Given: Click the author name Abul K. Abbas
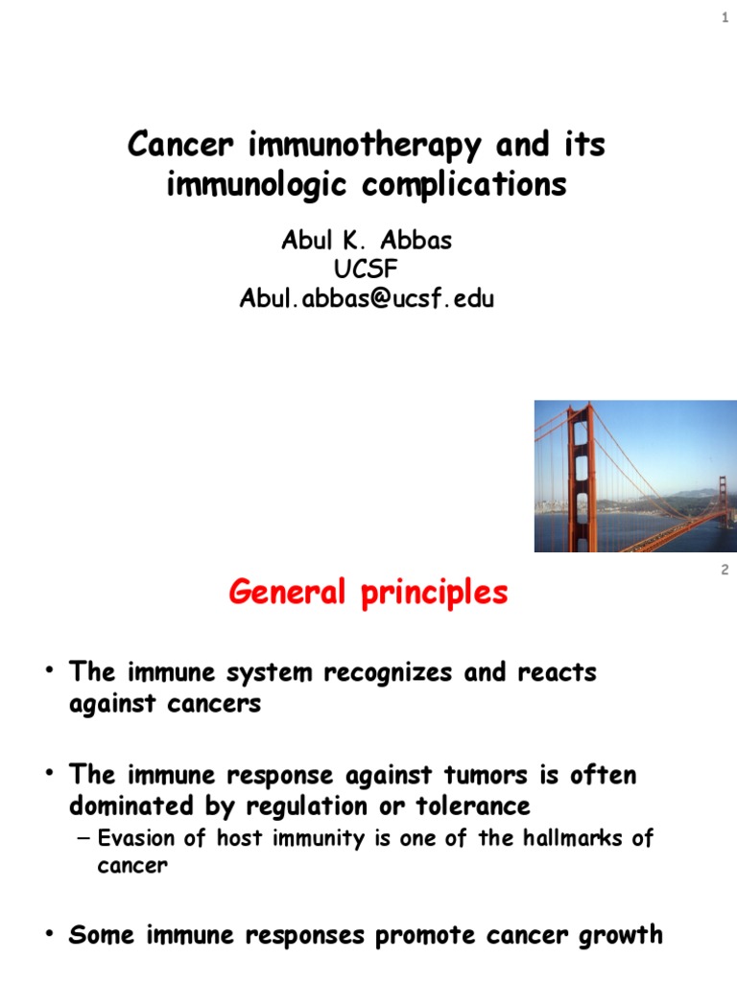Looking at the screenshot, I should click(366, 241).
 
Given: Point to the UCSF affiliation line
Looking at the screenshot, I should click(366, 269).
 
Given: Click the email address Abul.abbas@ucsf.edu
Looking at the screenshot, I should click(366, 299).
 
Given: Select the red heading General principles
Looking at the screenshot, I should click(368, 594).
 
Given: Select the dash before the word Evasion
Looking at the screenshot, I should click(83, 838).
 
